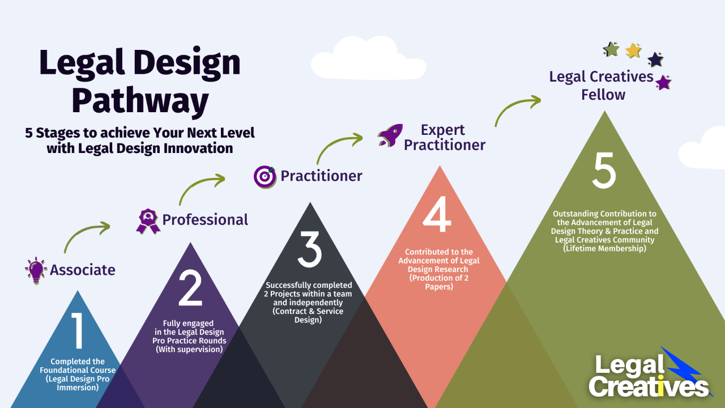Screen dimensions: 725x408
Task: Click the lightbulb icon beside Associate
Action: (x=36, y=270)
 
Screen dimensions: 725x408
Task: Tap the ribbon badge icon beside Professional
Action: (x=148, y=220)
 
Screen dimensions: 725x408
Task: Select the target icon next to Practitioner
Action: (x=265, y=176)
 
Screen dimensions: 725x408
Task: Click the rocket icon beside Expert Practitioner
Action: (x=390, y=135)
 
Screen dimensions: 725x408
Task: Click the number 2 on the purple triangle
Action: (x=190, y=289)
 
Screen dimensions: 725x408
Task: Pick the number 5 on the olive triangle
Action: (x=604, y=170)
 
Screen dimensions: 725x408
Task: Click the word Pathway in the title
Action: (x=140, y=101)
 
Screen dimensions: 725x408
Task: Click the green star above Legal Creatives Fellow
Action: (x=611, y=49)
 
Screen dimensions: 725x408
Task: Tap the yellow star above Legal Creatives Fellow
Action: (x=633, y=51)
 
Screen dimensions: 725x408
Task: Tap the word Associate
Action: (x=83, y=270)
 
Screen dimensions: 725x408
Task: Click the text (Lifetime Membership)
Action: (x=605, y=248)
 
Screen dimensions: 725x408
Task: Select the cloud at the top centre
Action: (x=368, y=59)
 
